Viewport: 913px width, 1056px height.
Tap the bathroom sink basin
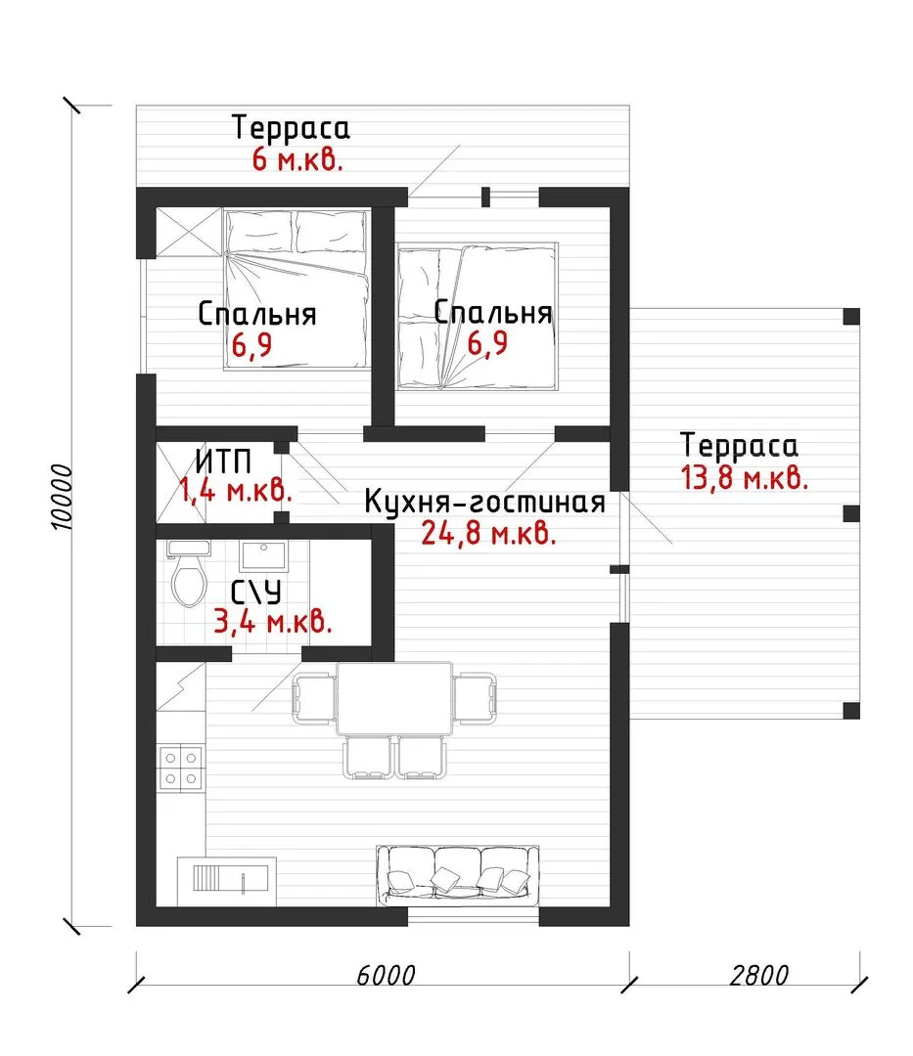pyautogui.click(x=263, y=556)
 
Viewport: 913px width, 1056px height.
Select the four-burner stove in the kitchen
pyautogui.click(x=181, y=768)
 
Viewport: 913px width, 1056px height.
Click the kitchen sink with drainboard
pyautogui.click(x=227, y=881)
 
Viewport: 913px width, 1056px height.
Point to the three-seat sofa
pyautogui.click(x=458, y=875)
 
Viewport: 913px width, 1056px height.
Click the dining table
pyautogui.click(x=394, y=699)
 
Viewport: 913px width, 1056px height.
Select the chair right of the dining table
pyautogui.click(x=475, y=698)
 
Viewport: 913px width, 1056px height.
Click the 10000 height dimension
pyautogui.click(x=62, y=497)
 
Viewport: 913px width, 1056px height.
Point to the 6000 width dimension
pyautogui.click(x=386, y=975)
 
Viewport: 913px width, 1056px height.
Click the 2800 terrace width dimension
pyautogui.click(x=758, y=975)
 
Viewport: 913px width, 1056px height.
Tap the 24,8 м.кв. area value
pyautogui.click(x=488, y=534)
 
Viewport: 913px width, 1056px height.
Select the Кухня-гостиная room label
pyautogui.click(x=485, y=502)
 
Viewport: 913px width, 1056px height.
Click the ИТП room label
pyautogui.click(x=224, y=462)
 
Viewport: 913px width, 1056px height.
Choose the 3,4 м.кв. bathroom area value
pyautogui.click(x=273, y=621)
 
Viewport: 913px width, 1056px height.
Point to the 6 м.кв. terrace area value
pyautogui.click(x=297, y=159)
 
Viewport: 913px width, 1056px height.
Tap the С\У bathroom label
pyautogui.click(x=256, y=593)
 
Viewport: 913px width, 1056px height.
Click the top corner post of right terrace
pyautogui.click(x=851, y=317)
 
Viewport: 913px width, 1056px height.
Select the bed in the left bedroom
pyautogui.click(x=297, y=289)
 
